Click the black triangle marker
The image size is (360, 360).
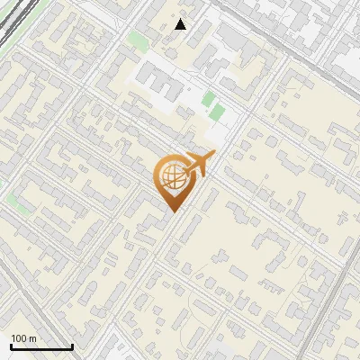pos(181,24)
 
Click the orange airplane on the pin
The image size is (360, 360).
pos(198,165)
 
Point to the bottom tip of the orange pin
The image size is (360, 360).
pos(171,211)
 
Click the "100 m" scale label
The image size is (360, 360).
pos(23,338)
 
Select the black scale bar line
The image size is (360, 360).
pos(41,347)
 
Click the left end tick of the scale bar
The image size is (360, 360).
pos(11,346)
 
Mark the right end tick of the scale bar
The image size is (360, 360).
pos(72,346)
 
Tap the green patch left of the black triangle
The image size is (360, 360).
pos(138,40)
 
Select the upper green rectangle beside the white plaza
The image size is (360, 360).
pos(209,97)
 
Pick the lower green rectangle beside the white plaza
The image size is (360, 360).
pos(217,112)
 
